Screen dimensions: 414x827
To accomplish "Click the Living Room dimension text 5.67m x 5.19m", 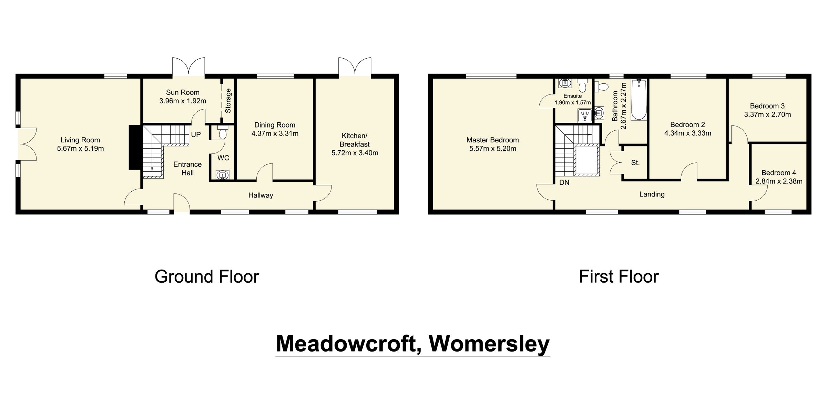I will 80,149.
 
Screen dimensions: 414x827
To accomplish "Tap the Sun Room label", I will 183,92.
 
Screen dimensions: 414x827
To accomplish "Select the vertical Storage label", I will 228,101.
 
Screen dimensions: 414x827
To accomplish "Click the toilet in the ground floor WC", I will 223,132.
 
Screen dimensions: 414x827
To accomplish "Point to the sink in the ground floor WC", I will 222,175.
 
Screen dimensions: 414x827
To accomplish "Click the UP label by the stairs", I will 196,134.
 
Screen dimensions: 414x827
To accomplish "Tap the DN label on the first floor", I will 564,183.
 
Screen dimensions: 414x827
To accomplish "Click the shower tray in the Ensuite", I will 585,115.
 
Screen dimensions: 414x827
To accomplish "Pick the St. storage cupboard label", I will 635,163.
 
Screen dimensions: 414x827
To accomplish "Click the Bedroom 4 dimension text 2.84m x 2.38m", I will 779,181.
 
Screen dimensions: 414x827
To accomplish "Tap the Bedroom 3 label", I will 767,106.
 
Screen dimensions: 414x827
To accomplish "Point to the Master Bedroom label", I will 492,140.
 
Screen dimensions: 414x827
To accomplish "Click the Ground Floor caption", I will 207,277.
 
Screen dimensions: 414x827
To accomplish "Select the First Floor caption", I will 619,277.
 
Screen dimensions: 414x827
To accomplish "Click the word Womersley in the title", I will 489,344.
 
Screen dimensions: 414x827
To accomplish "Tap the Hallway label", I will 261,195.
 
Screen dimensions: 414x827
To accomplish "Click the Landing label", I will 652,194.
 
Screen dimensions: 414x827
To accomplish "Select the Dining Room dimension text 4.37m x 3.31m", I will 275,134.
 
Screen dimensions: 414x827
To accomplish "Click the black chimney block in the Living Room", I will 135,147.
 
